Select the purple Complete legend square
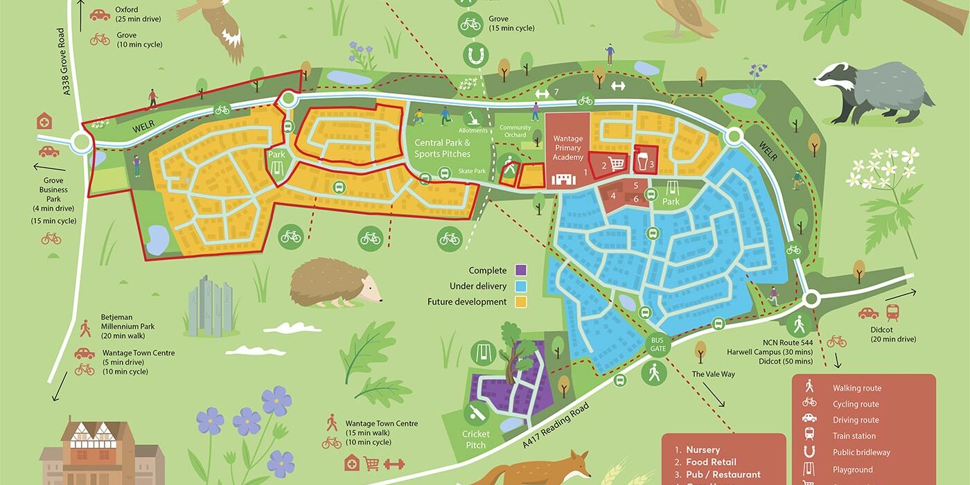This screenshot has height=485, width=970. point(522,270)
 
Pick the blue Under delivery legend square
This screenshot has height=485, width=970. point(522,286)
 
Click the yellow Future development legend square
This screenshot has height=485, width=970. point(522,302)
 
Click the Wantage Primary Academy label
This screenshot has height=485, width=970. point(567,148)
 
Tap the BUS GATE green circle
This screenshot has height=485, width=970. point(658,344)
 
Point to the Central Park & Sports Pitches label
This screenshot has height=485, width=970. point(442,148)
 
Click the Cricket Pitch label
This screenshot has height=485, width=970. point(476,439)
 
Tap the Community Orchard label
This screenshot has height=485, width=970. point(515,132)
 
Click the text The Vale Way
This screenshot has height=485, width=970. point(713,374)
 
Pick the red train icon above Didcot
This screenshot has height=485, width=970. point(893,312)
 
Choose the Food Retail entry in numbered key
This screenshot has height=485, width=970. point(711,462)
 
